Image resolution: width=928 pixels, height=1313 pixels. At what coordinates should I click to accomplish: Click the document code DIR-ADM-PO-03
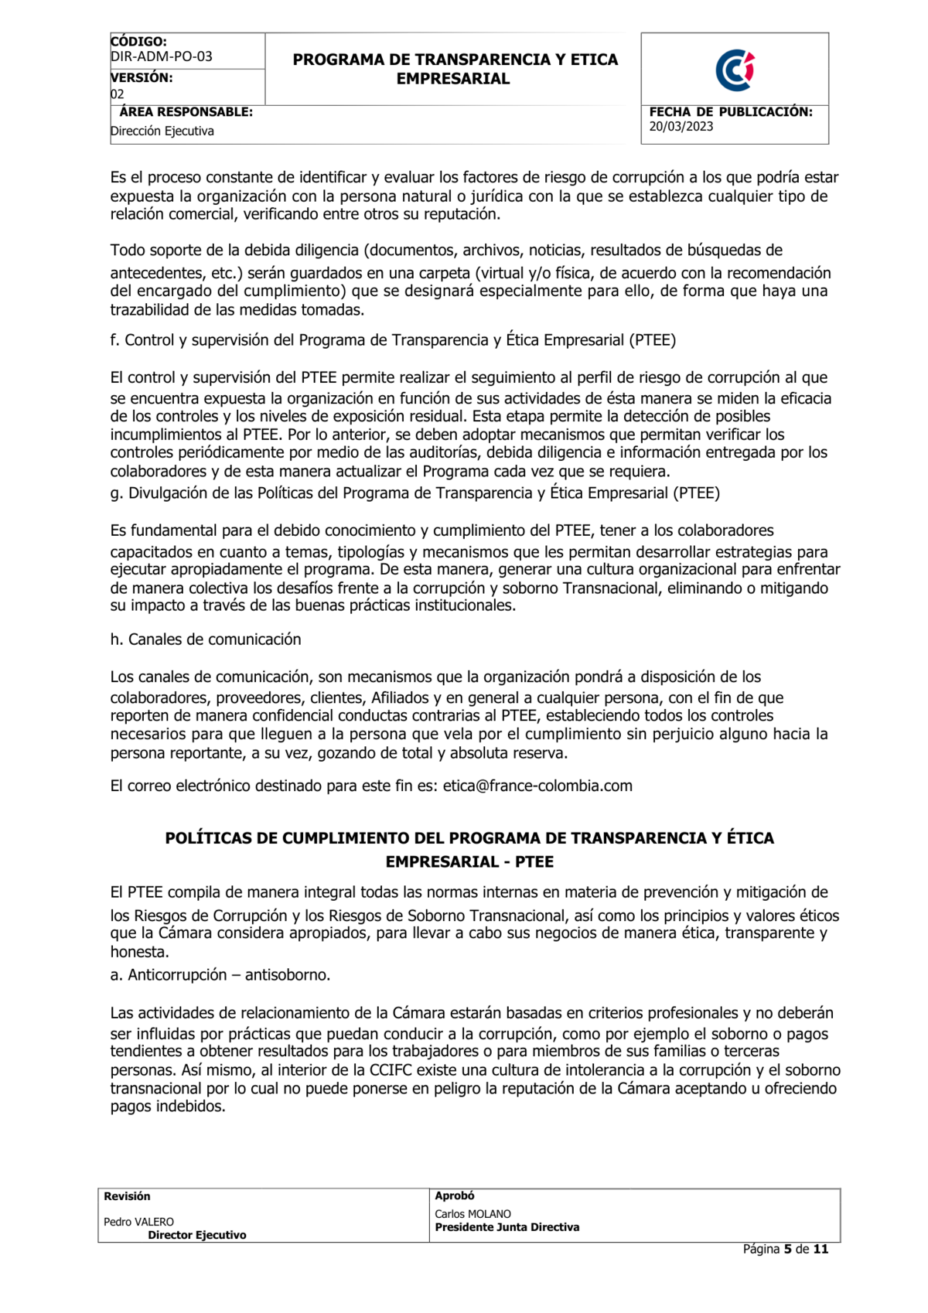pyautogui.click(x=161, y=56)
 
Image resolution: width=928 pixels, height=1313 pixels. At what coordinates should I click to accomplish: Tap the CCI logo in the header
pyautogui.click(x=734, y=70)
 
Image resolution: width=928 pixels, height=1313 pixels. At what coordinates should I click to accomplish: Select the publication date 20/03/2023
pyautogui.click(x=681, y=127)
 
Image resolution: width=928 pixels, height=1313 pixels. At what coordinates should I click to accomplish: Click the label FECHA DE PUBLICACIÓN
pyautogui.click(x=730, y=112)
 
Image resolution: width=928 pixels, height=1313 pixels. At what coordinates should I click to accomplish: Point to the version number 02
pyautogui.click(x=117, y=94)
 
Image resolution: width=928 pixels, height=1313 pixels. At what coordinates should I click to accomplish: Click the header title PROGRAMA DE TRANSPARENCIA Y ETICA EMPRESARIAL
pyautogui.click(x=455, y=69)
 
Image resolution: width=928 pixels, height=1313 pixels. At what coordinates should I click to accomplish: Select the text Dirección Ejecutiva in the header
pyautogui.click(x=162, y=131)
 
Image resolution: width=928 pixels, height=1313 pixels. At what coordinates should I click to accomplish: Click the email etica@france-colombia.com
pyautogui.click(x=537, y=786)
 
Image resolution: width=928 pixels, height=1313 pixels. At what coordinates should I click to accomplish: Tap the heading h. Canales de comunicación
pyautogui.click(x=205, y=639)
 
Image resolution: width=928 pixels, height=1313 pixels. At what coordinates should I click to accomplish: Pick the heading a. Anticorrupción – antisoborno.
pyautogui.click(x=220, y=975)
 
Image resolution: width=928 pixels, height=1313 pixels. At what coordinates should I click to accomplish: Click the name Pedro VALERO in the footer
pyautogui.click(x=138, y=1222)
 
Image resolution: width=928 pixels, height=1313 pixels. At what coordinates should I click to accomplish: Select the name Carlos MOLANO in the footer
pyautogui.click(x=473, y=1214)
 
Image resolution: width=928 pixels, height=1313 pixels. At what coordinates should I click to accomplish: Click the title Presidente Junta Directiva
pyautogui.click(x=507, y=1227)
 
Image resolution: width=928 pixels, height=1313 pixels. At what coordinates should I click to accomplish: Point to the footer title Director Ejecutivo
pyautogui.click(x=197, y=1235)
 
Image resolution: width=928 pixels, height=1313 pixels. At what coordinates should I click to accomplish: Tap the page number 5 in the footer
pyautogui.click(x=787, y=1249)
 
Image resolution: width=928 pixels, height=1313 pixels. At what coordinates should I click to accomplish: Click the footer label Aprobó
pyautogui.click(x=454, y=1195)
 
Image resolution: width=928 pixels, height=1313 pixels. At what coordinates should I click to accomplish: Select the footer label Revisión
pyautogui.click(x=127, y=1196)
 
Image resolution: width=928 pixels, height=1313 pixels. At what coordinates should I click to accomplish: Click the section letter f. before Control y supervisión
pyautogui.click(x=114, y=340)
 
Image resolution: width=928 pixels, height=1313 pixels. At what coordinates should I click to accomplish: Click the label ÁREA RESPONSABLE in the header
pyautogui.click(x=186, y=112)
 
